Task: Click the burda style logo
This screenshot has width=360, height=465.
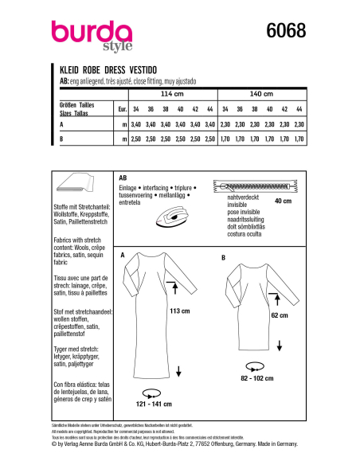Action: pos(86,37)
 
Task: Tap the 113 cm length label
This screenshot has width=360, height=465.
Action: pos(192,312)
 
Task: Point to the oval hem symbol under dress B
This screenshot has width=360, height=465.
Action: pos(254,364)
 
